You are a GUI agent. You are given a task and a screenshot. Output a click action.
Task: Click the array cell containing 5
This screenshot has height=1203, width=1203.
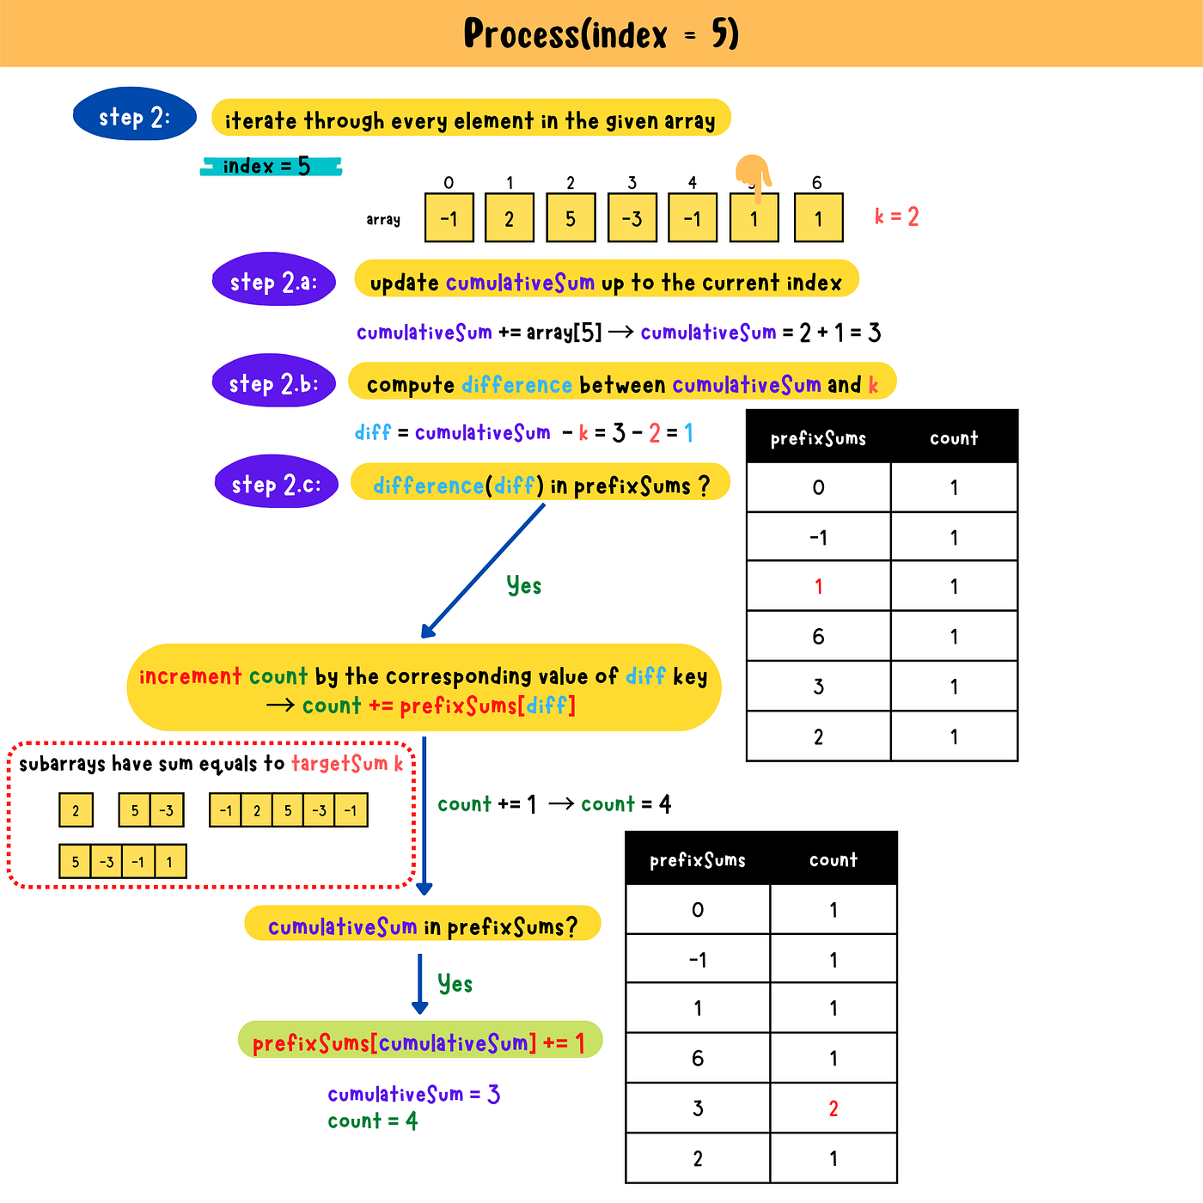click(x=571, y=218)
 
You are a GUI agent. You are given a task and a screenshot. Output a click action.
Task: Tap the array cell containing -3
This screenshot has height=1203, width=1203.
click(x=632, y=218)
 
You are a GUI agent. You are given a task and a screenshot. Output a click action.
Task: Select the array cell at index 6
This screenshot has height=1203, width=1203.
click(x=818, y=218)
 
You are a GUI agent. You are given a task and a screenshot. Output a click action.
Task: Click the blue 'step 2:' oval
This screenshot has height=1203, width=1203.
click(x=135, y=114)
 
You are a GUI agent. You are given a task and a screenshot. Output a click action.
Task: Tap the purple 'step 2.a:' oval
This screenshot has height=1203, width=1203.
click(x=274, y=280)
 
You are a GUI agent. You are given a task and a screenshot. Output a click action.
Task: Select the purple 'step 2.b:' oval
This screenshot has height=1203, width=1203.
click(x=273, y=382)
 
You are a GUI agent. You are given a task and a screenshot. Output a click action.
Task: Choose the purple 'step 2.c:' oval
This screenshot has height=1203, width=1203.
click(x=276, y=482)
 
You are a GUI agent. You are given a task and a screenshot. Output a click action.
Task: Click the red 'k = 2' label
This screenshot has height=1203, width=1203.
click(x=896, y=217)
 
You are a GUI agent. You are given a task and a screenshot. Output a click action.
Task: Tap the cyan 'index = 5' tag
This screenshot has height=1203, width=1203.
click(x=270, y=166)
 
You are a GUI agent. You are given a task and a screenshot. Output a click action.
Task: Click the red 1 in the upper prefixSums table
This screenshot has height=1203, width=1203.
click(x=818, y=586)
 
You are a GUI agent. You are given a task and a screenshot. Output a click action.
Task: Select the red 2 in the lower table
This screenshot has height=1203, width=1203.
click(x=833, y=1108)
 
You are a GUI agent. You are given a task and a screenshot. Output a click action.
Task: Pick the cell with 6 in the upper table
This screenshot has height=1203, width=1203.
click(x=818, y=637)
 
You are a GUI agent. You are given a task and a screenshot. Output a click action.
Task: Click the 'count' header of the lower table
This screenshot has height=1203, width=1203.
click(x=833, y=859)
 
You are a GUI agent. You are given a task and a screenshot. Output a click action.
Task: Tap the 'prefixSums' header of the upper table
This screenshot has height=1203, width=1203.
click(x=818, y=438)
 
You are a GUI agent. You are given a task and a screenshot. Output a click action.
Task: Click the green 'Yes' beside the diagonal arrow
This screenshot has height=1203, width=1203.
click(x=523, y=586)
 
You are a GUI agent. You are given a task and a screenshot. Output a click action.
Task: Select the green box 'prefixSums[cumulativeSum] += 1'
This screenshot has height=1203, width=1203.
click(x=419, y=1041)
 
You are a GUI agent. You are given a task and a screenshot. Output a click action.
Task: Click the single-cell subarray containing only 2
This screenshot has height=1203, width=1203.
click(x=76, y=810)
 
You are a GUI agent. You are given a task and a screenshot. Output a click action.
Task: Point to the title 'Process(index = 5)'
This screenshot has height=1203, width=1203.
click(x=601, y=34)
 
